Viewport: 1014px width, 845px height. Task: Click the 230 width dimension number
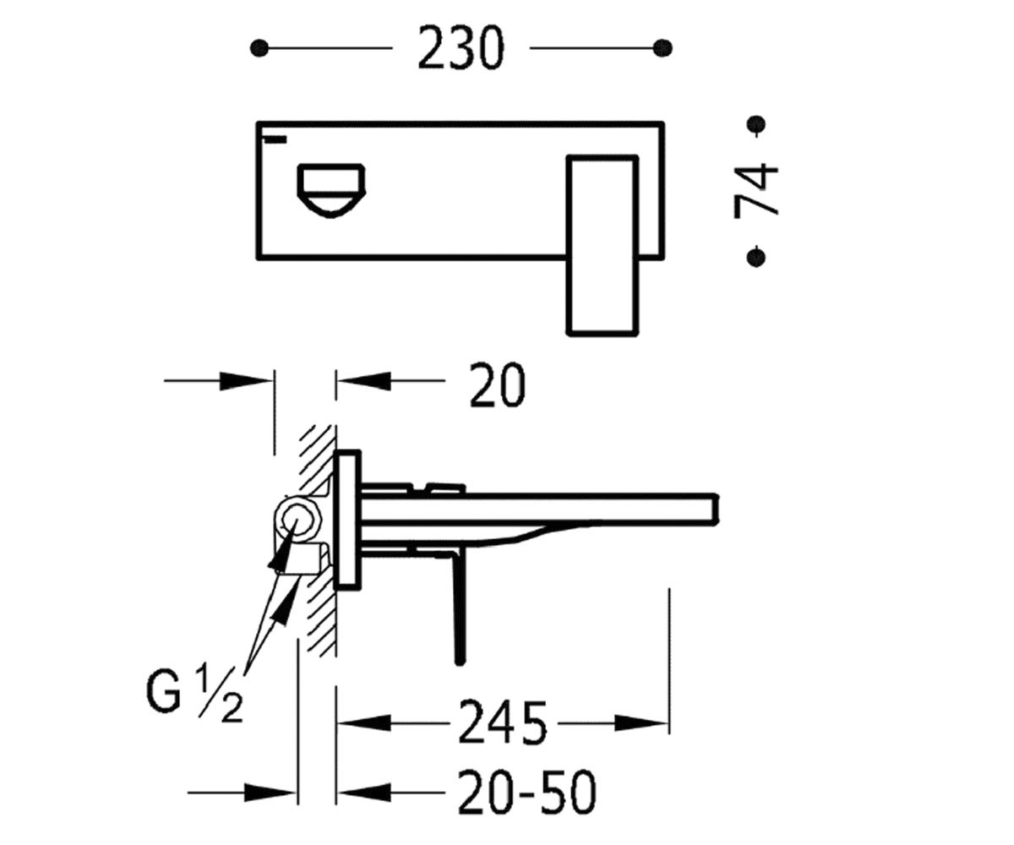461,48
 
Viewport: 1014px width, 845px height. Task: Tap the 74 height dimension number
755,190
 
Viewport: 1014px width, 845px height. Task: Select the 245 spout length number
502,722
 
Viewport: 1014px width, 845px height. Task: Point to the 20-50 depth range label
526,792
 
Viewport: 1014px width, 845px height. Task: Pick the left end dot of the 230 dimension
259,48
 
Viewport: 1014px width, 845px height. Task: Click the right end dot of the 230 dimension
662,48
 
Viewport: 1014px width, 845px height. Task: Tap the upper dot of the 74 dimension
756,124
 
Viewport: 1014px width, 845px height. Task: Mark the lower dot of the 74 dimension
756,256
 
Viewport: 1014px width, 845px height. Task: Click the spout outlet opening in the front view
331,191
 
